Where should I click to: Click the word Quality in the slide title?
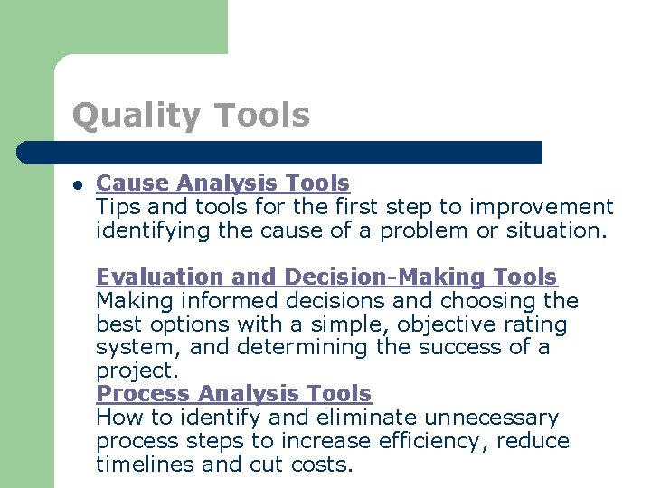135,116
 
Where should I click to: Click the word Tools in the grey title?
262,116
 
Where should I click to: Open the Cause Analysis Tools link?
222,183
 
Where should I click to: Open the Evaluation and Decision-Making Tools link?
326,277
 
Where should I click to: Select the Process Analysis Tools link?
233,394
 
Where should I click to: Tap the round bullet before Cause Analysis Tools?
79,184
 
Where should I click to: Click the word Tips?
115,207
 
